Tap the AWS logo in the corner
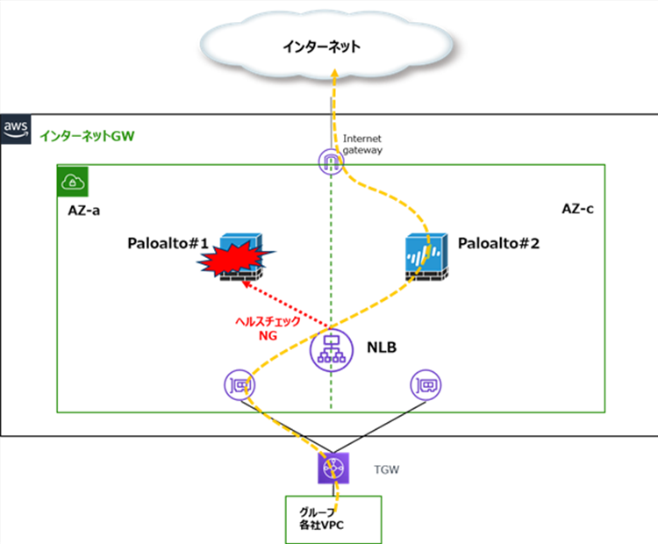point(16,128)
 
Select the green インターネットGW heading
point(86,136)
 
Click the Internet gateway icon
point(331,161)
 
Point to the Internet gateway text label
point(362,144)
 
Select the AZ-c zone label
point(579,210)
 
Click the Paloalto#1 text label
point(166,243)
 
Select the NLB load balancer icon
point(331,348)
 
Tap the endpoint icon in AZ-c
point(426,383)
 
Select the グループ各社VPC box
point(333,519)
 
